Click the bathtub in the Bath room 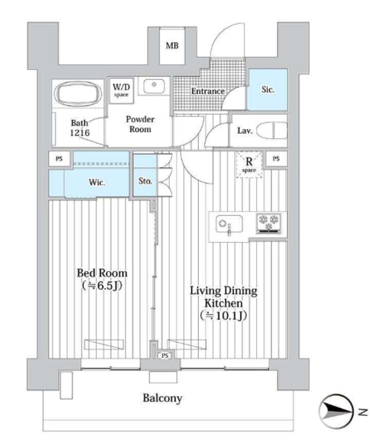point(78,94)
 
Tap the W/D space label point(121,89)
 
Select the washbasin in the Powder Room point(154,86)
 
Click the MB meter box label point(172,45)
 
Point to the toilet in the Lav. point(272,130)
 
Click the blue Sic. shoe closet point(267,89)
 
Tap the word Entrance point(208,91)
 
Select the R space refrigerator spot point(249,164)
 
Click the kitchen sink point(229,224)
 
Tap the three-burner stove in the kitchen point(269,223)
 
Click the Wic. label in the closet point(97,182)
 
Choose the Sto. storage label point(145,180)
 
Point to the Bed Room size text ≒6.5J point(102,285)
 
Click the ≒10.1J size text point(223,316)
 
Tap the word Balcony point(162,398)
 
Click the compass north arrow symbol point(337,411)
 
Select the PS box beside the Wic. point(59,159)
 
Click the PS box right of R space point(276,159)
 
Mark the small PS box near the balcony point(165,355)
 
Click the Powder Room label point(140,124)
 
